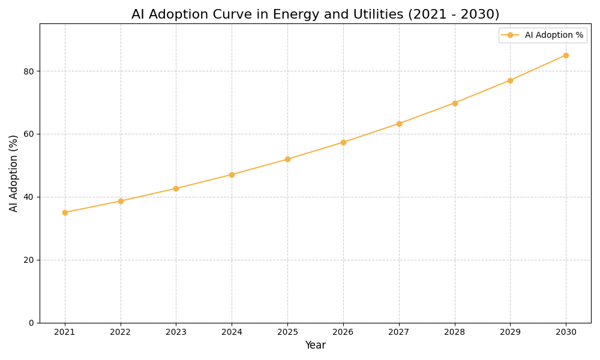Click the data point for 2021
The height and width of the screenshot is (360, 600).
[65, 212]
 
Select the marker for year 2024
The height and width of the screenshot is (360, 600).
[232, 175]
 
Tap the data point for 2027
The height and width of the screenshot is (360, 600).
[399, 124]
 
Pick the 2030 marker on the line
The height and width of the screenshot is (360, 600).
[566, 55]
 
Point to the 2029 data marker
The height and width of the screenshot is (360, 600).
[510, 80]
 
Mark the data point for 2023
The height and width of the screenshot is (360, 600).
[176, 188]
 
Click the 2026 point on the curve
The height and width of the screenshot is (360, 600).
[343, 142]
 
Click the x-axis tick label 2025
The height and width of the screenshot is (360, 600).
[287, 332]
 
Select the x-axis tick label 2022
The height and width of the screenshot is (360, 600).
[121, 332]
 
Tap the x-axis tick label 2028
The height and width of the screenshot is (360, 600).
[455, 332]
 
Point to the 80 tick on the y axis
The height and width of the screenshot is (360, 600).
[29, 71]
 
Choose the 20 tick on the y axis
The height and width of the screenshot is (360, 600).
[29, 260]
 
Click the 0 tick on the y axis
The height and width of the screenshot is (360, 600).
[31, 323]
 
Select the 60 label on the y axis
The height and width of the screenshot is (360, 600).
[29, 134]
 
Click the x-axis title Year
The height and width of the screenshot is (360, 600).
[315, 346]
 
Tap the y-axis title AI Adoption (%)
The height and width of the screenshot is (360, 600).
[14, 173]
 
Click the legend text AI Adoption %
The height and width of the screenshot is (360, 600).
[554, 35]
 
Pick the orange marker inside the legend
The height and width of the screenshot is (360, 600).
[510, 35]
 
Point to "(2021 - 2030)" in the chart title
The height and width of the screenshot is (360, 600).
[454, 14]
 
